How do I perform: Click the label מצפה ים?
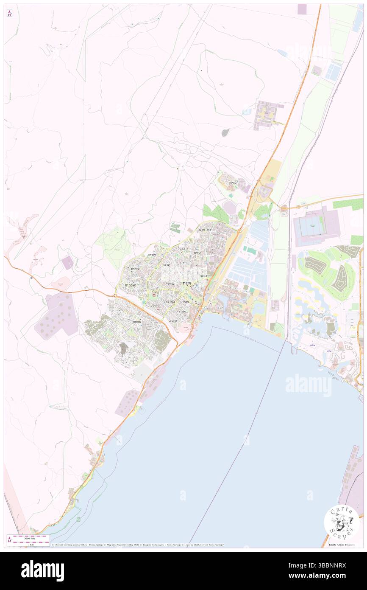(132, 285)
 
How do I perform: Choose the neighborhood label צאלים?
(135, 269)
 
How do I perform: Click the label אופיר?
(170, 284)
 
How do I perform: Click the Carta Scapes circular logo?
(342, 522)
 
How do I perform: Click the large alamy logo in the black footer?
(42, 570)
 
